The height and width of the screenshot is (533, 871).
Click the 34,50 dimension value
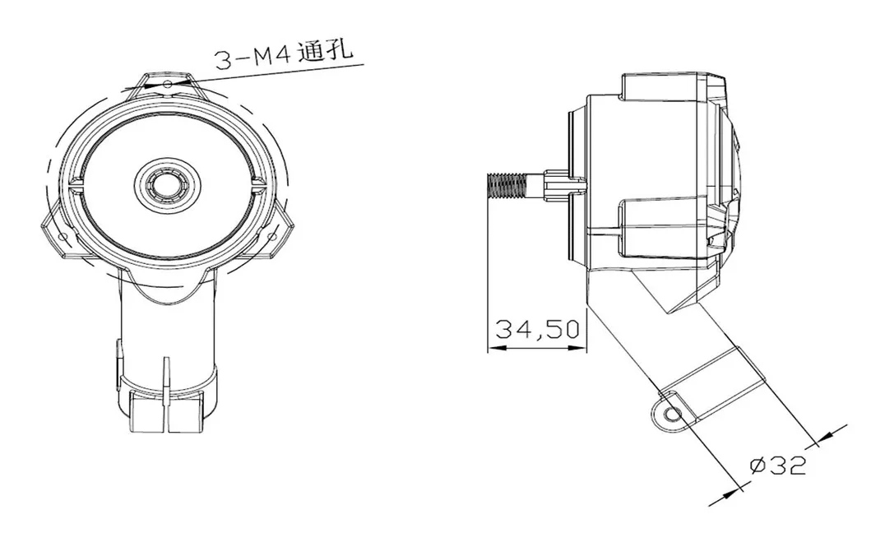click(537, 329)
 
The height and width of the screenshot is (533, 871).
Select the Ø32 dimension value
click(777, 466)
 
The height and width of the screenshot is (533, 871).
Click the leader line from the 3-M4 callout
click(271, 72)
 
